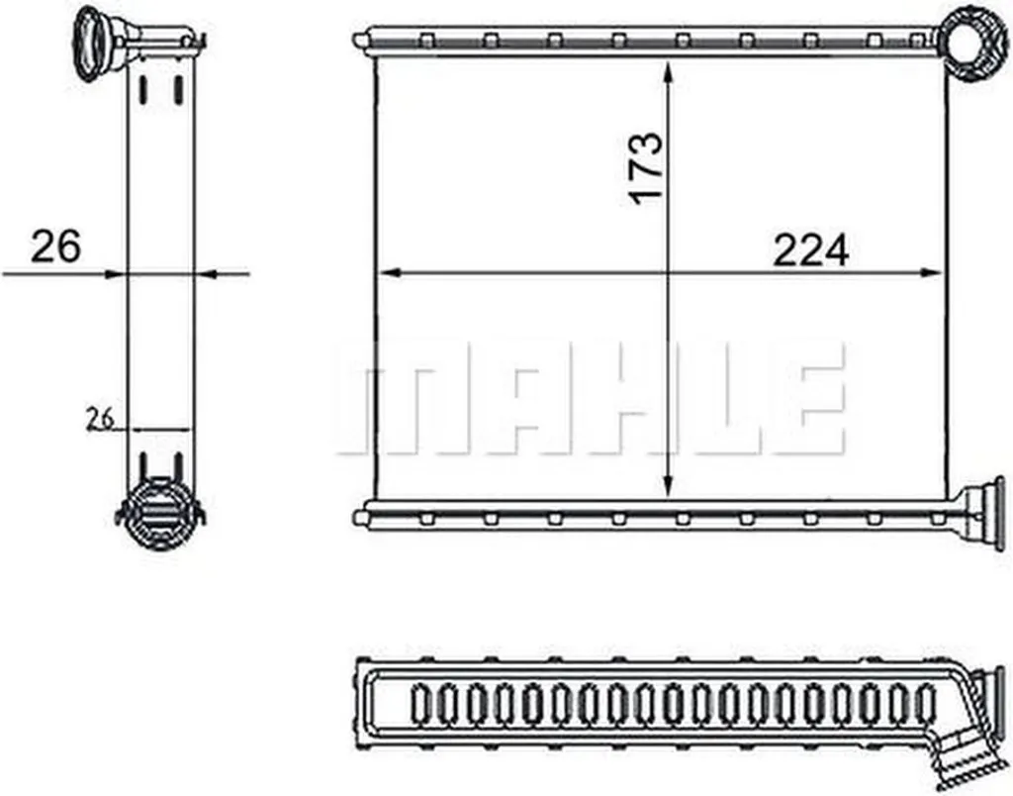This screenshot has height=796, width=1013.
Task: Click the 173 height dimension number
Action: coord(647,168)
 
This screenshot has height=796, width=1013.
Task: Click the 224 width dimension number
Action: coord(810,250)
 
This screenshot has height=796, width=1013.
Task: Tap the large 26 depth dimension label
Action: coord(56,246)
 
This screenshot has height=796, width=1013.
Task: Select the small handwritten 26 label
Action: coord(100,419)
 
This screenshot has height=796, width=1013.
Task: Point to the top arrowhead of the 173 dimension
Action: coord(668,71)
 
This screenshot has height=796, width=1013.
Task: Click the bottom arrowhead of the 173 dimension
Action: coord(668,487)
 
